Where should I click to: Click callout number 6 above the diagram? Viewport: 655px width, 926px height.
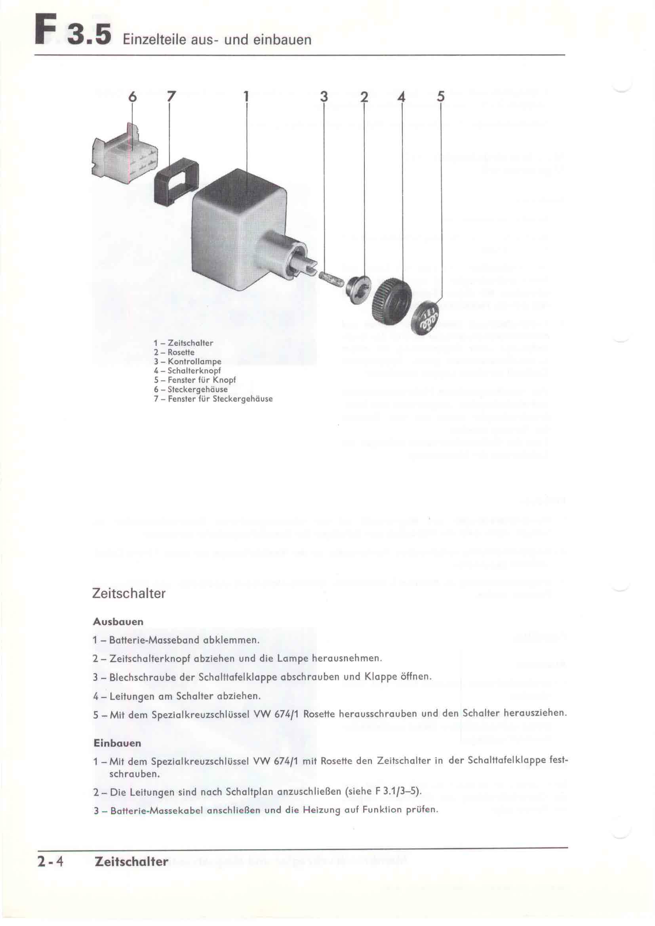(x=132, y=97)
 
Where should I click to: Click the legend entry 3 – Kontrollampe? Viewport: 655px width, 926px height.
(x=188, y=362)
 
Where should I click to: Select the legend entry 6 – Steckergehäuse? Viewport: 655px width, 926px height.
(x=190, y=390)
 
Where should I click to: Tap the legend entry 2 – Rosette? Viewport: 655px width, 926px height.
(x=174, y=352)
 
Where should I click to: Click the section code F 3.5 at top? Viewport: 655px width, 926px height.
(x=72, y=34)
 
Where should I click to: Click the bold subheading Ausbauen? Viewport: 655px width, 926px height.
(x=118, y=622)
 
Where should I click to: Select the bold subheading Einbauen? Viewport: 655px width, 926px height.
(x=117, y=743)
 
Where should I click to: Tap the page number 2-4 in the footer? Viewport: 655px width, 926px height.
(x=50, y=861)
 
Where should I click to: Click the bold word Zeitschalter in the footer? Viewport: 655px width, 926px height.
(x=131, y=861)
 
